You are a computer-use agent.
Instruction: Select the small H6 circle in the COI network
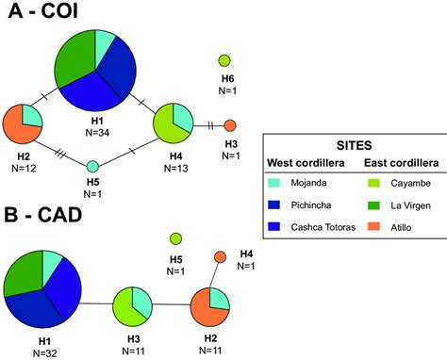click(x=225, y=61)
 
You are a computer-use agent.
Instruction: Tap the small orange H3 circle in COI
click(x=230, y=125)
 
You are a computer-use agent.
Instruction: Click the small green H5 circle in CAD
click(x=175, y=238)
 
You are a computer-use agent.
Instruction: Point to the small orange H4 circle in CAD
click(x=221, y=257)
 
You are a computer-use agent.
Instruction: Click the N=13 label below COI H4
click(x=175, y=168)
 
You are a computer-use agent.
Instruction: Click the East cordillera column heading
click(x=394, y=160)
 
